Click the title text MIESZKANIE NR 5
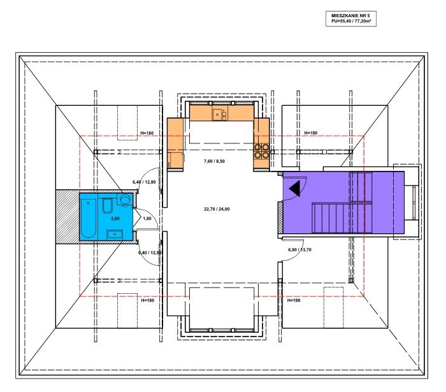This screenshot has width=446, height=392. (x=350, y=16)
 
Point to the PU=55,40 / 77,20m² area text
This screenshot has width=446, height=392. (x=351, y=21)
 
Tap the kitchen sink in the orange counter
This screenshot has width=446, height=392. (x=219, y=114)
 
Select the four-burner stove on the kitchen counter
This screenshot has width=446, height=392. (x=261, y=151)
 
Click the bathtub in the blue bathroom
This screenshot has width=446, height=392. (x=89, y=218)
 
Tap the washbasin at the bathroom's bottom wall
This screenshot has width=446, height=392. (x=115, y=235)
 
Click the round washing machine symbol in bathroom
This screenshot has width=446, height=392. (x=124, y=199)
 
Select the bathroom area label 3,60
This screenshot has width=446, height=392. (x=115, y=219)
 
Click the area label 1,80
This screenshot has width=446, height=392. (x=147, y=219)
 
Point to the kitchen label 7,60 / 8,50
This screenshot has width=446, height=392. (x=214, y=161)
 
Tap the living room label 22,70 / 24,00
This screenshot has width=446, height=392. (x=217, y=209)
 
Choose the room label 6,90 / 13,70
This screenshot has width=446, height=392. (x=300, y=250)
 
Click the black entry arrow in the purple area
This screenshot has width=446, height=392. (x=294, y=189)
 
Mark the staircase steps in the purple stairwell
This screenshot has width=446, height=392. (x=342, y=217)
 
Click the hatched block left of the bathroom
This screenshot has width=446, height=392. (x=68, y=217)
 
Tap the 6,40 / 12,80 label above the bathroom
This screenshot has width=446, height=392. (x=144, y=182)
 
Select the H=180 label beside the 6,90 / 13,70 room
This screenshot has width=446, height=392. (x=294, y=300)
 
